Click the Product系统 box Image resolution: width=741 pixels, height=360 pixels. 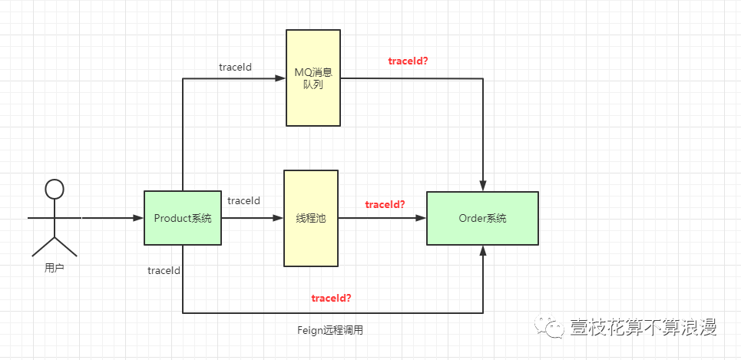pos(183,218)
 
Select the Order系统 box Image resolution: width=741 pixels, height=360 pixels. pos(482,218)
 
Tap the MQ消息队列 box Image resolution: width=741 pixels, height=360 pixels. pos(313,78)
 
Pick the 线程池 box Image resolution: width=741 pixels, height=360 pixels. pos(311,218)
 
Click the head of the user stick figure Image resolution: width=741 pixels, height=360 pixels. pos(54,190)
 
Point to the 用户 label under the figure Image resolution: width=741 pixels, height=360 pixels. pos(54,269)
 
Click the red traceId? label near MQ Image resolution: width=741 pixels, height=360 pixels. pos(409,60)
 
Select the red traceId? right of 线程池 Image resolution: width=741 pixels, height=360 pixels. pos(385,204)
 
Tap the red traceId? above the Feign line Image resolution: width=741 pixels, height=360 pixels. pos(331,297)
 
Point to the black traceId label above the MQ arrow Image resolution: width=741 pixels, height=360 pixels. pos(235,67)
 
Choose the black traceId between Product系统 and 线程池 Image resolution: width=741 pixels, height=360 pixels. pos(243,200)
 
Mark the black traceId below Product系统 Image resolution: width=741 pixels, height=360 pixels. pos(164,270)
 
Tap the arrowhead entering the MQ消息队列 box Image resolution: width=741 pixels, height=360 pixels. pos(280,78)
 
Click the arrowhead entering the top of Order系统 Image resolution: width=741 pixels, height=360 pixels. pos(483,187)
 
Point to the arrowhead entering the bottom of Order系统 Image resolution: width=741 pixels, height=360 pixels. pos(483,250)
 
